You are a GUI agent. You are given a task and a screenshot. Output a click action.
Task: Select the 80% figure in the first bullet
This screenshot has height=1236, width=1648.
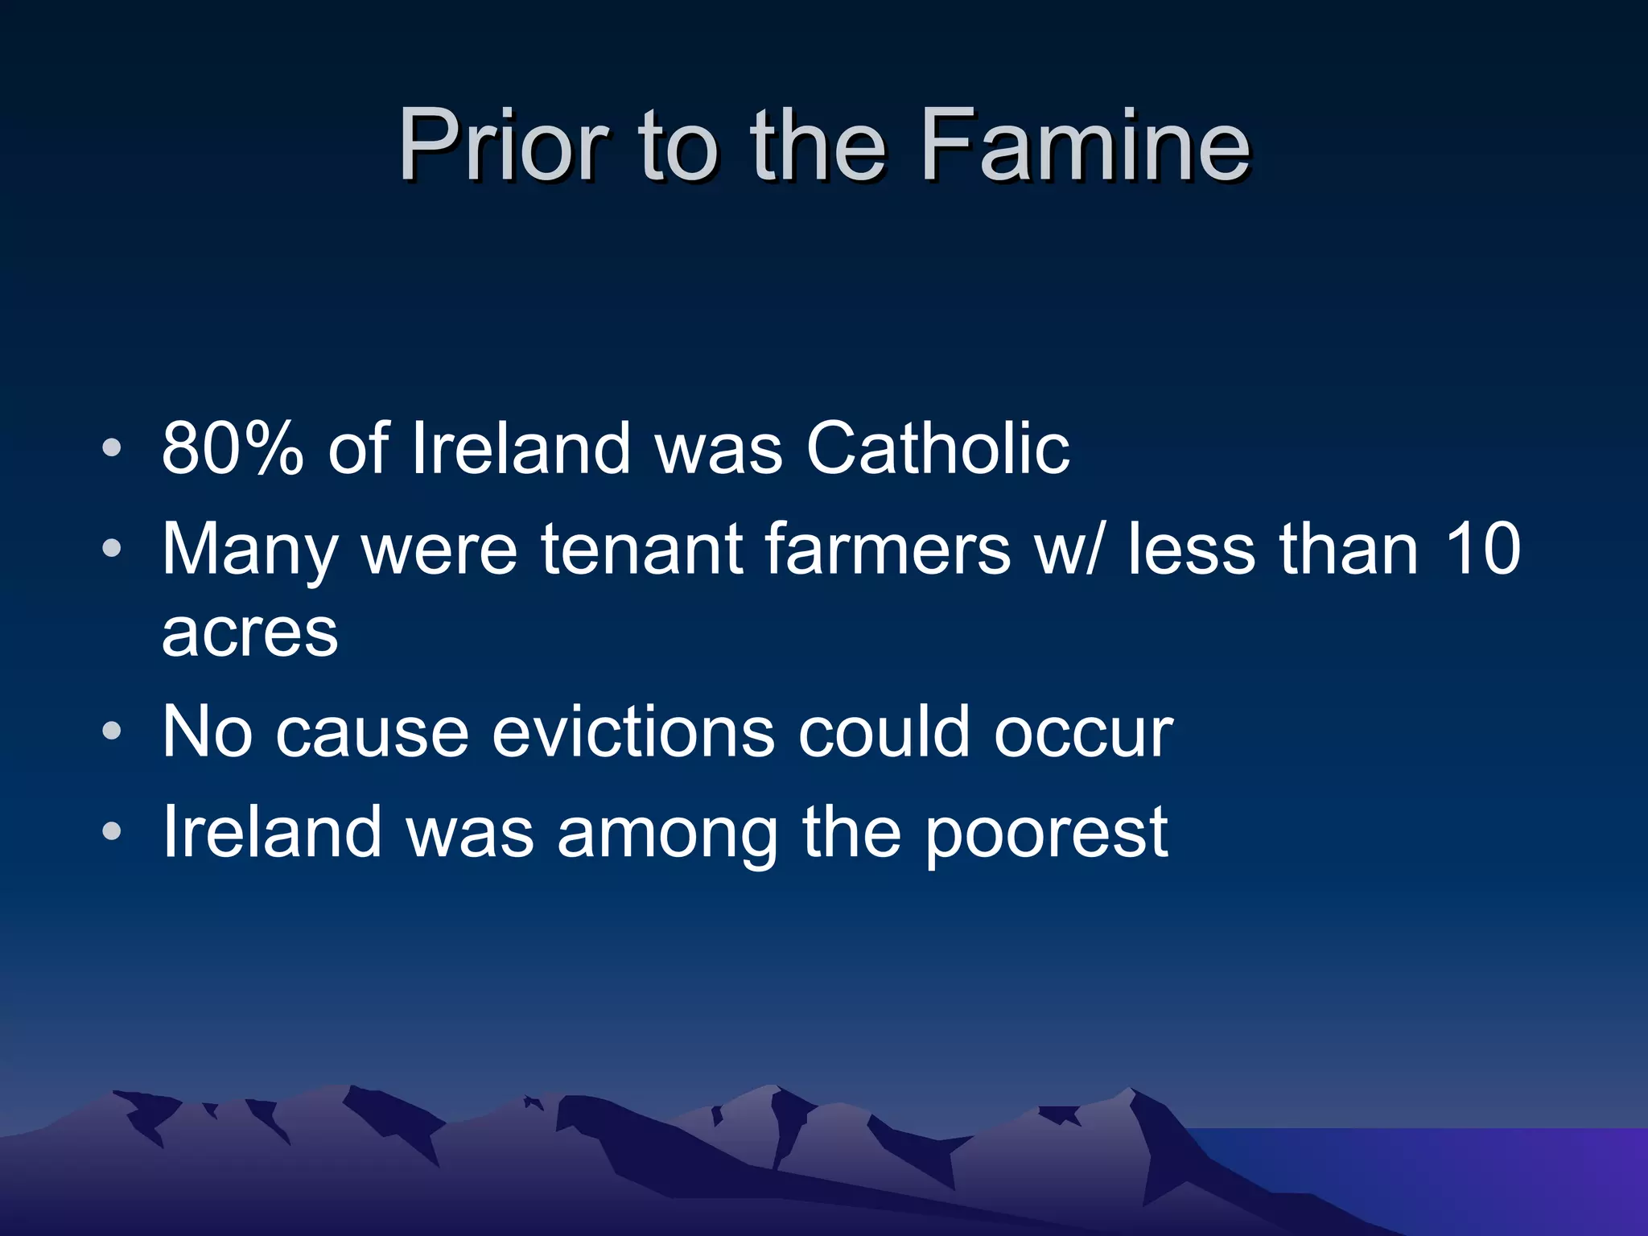point(233,448)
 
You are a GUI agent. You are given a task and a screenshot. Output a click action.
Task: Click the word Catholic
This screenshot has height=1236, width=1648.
point(937,448)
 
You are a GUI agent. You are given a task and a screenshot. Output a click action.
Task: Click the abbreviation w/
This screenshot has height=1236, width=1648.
point(1067,549)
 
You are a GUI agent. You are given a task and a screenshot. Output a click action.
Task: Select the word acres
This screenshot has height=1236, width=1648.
point(250,632)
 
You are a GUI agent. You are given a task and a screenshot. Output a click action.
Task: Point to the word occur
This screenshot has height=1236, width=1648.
point(1083,732)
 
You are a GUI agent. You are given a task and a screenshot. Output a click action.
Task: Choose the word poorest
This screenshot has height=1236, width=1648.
point(1045,833)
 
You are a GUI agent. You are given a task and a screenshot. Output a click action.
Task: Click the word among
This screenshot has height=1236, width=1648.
point(667,833)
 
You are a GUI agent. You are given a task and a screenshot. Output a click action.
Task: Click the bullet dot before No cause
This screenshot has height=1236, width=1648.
point(112,731)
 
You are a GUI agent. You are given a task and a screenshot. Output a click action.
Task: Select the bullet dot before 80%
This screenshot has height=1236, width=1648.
point(112,447)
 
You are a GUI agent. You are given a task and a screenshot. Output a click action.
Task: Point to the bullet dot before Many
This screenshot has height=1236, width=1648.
point(112,549)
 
